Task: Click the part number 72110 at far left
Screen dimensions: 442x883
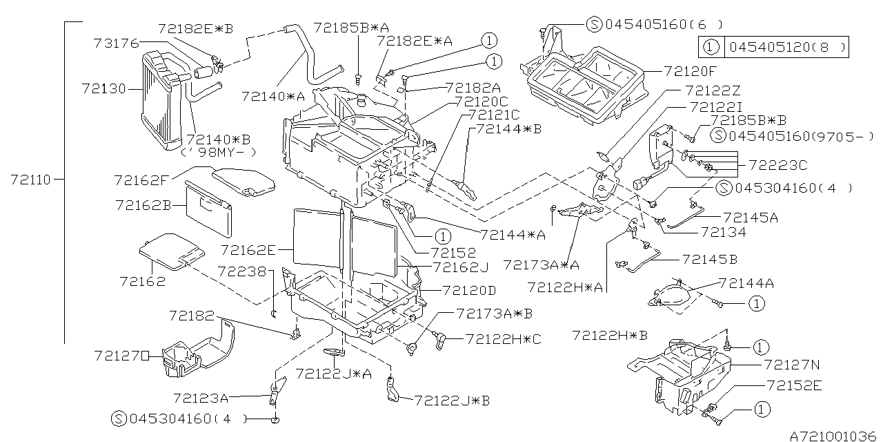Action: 31,180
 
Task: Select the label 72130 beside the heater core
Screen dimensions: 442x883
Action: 103,88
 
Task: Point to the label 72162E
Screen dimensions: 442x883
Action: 248,249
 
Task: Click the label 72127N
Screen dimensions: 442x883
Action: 793,364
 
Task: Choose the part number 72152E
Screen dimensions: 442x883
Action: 793,386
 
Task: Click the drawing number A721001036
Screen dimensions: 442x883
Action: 832,436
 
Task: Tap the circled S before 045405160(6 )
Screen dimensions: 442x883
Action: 595,24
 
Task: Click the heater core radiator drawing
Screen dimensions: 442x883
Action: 163,100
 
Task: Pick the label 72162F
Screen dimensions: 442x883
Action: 141,180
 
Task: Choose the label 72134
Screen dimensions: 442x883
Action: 723,232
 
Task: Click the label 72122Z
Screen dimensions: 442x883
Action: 713,90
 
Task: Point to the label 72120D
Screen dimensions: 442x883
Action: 469,290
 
